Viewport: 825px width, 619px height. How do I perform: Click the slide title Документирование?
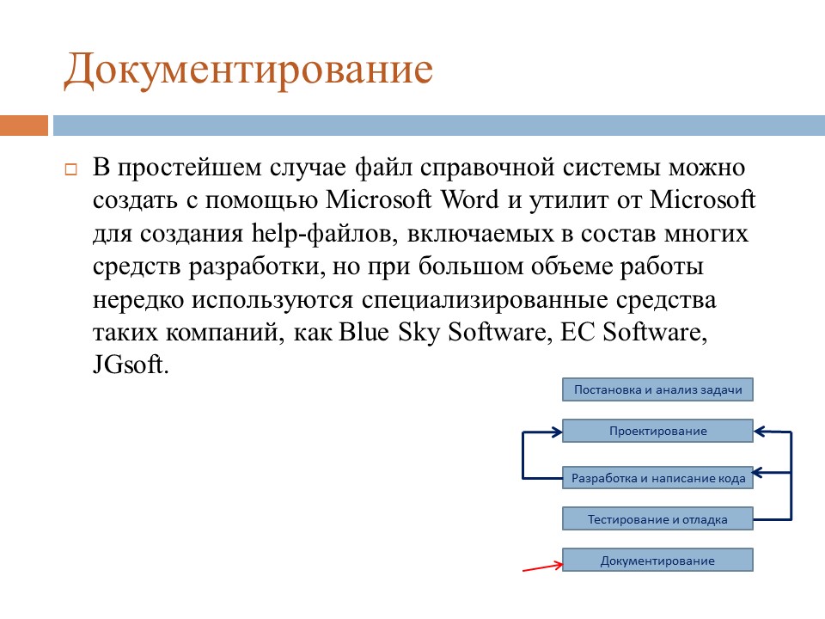click(247, 70)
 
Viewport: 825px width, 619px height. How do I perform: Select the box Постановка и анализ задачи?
click(657, 389)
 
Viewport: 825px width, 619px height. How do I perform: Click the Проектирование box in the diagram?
click(657, 431)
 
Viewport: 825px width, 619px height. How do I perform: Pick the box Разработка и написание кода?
click(657, 478)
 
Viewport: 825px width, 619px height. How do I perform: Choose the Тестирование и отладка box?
click(657, 519)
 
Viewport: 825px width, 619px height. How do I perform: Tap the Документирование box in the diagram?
click(657, 561)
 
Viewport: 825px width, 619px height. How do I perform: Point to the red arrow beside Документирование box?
click(543, 567)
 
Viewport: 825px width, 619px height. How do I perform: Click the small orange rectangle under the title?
click(24, 126)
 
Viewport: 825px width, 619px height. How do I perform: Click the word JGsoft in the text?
click(131, 365)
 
